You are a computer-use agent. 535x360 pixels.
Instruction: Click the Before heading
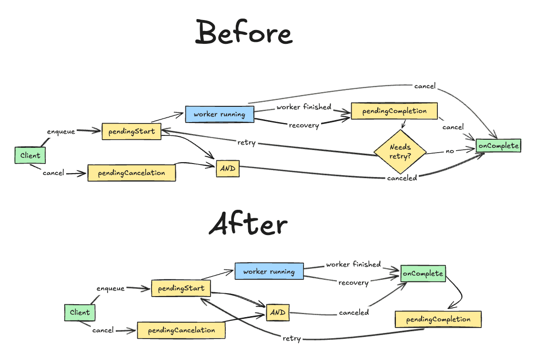[x=243, y=33]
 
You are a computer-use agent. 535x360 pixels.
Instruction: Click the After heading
[x=248, y=224]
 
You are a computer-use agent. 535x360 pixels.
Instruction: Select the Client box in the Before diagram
[x=30, y=155]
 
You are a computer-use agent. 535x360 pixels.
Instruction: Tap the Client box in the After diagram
[x=80, y=313]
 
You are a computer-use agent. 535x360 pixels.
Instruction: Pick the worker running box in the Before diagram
[x=219, y=114]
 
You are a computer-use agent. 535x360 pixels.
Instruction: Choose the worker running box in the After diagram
[x=269, y=271]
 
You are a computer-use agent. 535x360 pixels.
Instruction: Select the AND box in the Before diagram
[x=228, y=168]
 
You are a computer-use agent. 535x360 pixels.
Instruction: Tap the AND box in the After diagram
[x=277, y=312]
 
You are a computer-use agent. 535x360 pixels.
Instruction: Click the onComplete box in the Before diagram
[x=498, y=145]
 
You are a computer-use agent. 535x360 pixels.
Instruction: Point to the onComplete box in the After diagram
[x=423, y=274]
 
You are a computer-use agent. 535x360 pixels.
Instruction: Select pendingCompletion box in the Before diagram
[x=394, y=111]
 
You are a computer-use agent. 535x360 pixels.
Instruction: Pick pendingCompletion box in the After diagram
[x=438, y=319]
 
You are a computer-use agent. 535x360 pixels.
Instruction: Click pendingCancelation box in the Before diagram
[x=131, y=173]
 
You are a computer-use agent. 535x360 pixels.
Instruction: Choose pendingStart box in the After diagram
[x=181, y=288]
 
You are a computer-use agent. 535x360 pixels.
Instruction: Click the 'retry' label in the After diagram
[x=292, y=338]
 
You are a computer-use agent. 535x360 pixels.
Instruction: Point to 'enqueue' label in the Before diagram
[x=61, y=131]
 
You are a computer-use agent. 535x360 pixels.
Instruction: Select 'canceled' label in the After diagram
[x=354, y=313]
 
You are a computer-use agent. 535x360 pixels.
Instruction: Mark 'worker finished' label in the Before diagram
[x=304, y=107]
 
